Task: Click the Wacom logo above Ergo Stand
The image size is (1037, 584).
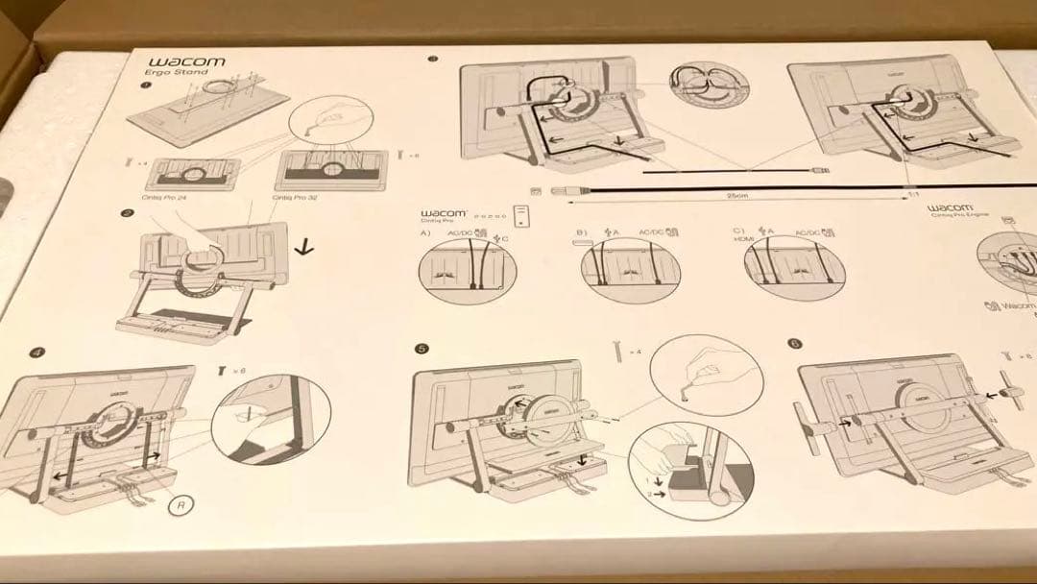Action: click(186, 62)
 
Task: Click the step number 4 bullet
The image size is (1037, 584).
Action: click(36, 353)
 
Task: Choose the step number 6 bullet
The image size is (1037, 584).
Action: click(794, 344)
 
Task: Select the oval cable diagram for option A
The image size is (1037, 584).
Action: click(468, 270)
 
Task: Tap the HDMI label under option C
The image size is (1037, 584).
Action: click(739, 240)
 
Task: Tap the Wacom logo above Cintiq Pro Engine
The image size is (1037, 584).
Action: click(950, 207)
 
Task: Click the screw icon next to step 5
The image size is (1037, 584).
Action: click(617, 351)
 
